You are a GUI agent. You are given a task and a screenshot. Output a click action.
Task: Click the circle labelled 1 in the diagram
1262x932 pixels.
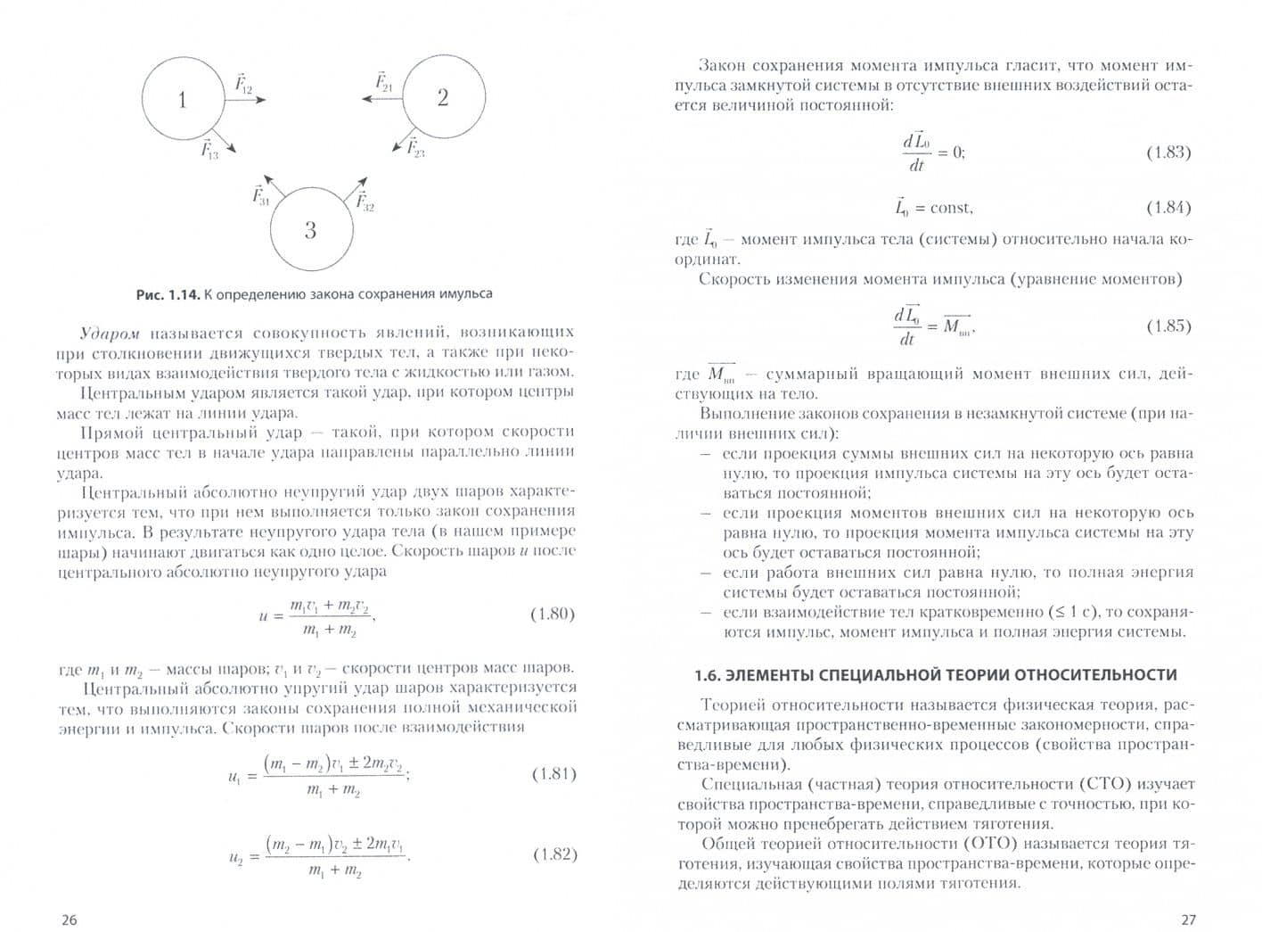(183, 98)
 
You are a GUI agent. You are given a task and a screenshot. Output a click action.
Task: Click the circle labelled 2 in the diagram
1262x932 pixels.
(443, 97)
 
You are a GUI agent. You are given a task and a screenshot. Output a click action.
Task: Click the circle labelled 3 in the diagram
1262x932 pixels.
(310, 229)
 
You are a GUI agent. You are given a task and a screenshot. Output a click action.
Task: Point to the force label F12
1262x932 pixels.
(243, 84)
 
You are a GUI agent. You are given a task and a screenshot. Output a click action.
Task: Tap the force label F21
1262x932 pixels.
(383, 82)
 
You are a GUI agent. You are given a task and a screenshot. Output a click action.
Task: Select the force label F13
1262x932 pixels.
(209, 149)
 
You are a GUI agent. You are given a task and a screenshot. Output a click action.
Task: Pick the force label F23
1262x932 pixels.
(415, 147)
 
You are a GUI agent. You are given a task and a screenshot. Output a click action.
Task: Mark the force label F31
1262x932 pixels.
(260, 195)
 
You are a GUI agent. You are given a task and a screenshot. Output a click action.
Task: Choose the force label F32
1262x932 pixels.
(365, 201)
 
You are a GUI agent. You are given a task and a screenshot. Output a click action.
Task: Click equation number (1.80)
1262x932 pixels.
(553, 614)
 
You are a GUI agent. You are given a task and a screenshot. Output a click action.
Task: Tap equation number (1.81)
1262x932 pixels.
(553, 773)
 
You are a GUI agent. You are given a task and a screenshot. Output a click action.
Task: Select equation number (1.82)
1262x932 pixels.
(554, 854)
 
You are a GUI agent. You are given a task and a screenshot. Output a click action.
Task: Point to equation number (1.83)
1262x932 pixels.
(1168, 153)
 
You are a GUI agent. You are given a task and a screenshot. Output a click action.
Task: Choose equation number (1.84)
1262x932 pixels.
(1168, 207)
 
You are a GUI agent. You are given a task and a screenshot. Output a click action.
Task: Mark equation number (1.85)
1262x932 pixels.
(1168, 326)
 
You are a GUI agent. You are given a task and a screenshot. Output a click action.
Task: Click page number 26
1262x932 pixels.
(69, 920)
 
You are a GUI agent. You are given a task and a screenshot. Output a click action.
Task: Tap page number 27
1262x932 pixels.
(1187, 920)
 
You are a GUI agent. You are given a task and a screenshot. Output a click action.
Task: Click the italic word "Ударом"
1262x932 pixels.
(110, 334)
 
